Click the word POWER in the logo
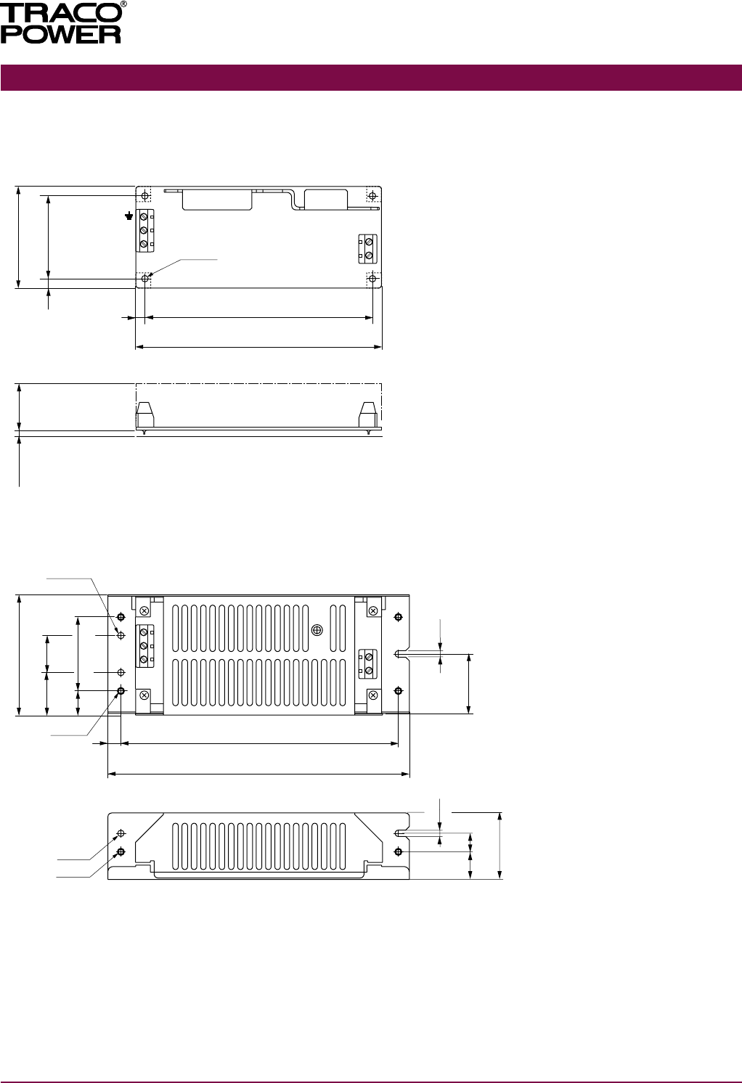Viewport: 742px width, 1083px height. pos(60,34)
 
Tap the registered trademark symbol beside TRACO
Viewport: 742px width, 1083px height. pos(124,4)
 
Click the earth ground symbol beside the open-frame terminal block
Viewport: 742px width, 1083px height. pos(129,216)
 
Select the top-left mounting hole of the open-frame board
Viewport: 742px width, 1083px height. pos(144,195)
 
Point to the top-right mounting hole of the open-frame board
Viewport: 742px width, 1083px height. pos(372,195)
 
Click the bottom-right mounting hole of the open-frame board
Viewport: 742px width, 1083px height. pos(372,279)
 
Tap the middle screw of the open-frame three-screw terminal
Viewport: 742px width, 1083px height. pos(144,231)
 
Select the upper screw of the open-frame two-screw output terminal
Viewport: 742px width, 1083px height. pos(369,241)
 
